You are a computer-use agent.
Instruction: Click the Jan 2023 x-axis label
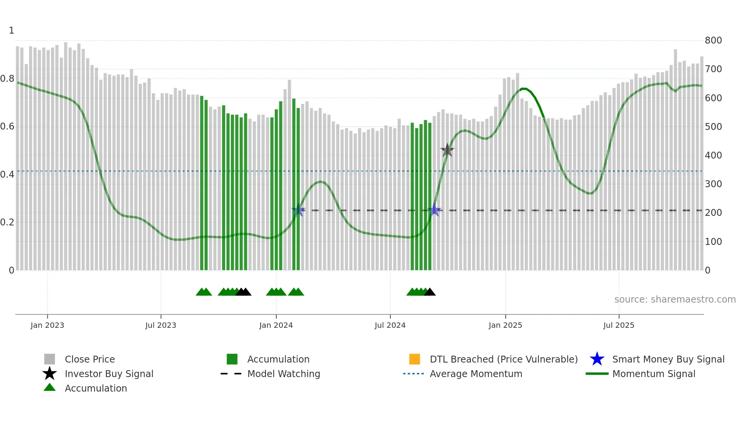[x=47, y=325]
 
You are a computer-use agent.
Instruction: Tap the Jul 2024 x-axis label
[x=390, y=325]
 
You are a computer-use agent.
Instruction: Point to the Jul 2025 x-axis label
[x=619, y=325]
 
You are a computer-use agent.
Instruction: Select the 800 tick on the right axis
[x=713, y=40]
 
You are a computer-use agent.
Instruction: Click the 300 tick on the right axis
[x=713, y=184]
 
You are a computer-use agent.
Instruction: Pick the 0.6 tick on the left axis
[x=7, y=126]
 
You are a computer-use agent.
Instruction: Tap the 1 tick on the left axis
[x=11, y=31]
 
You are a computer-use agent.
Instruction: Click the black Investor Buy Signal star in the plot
[x=447, y=150]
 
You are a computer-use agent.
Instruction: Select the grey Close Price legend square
[x=50, y=359]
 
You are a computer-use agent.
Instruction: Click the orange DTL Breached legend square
[x=414, y=359]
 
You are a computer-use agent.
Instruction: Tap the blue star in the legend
[x=597, y=359]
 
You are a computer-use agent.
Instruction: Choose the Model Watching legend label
[x=284, y=374]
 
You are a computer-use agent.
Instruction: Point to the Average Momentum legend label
[x=476, y=374]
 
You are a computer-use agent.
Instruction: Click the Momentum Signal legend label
[x=654, y=374]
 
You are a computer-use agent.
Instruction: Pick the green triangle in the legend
[x=50, y=387]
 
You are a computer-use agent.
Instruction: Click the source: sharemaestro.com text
[x=675, y=300]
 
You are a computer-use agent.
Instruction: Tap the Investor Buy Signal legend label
[x=109, y=374]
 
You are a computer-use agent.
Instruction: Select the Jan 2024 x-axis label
[x=276, y=325]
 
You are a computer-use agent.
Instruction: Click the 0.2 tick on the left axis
[x=7, y=222]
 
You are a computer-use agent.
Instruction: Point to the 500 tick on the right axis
[x=713, y=127]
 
